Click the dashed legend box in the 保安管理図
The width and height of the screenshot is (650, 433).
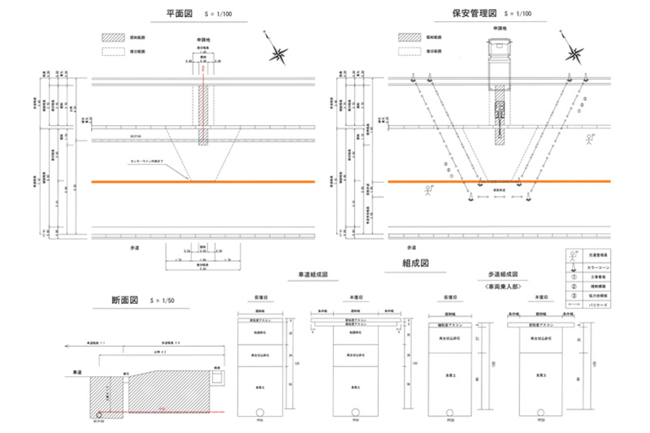406,50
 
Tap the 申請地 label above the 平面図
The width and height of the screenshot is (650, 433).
204,38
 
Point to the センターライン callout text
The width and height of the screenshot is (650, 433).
149,161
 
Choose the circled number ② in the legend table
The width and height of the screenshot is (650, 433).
576,285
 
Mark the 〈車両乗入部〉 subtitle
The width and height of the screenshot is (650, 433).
503,287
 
